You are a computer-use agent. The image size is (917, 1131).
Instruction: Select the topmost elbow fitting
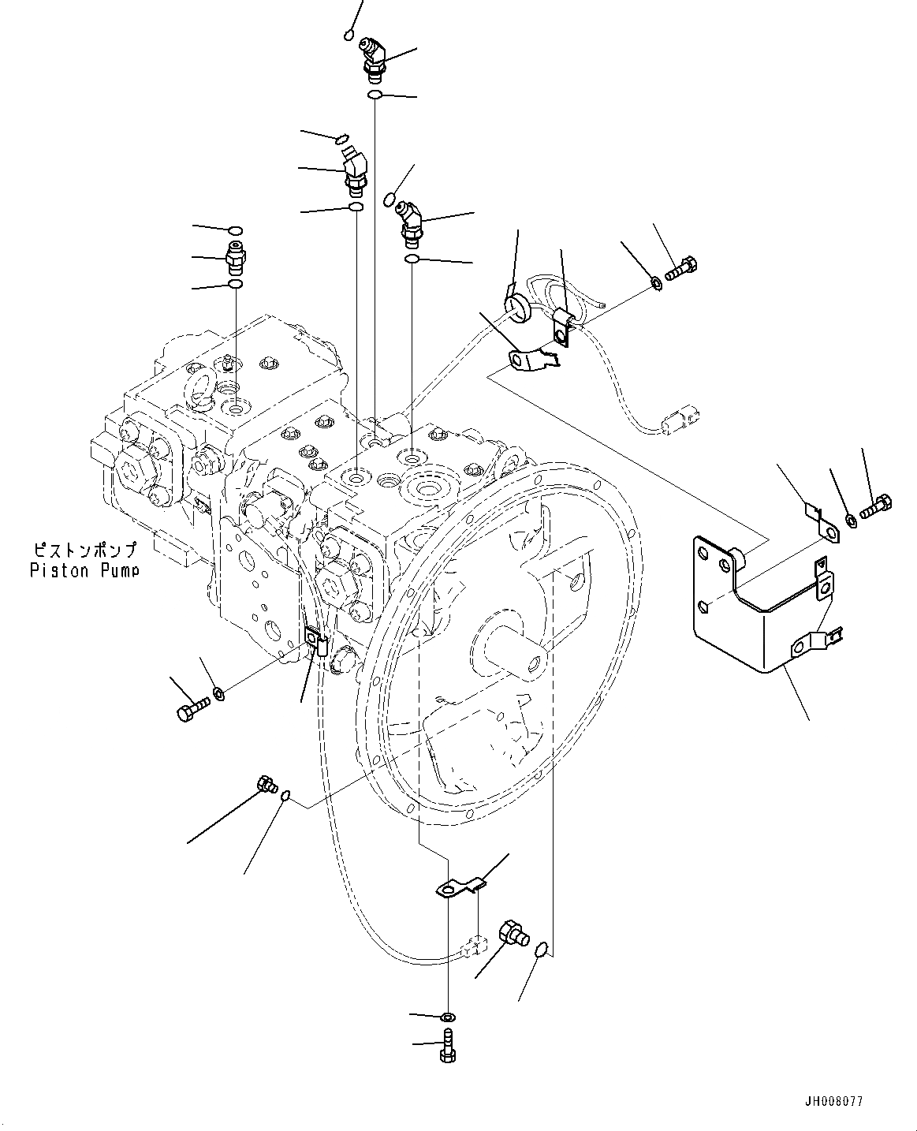(372, 56)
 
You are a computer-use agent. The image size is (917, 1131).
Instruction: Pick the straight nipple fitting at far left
(235, 257)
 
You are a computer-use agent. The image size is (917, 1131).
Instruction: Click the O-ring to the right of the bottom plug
(542, 950)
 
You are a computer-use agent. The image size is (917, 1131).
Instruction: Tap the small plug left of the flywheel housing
(266, 784)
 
